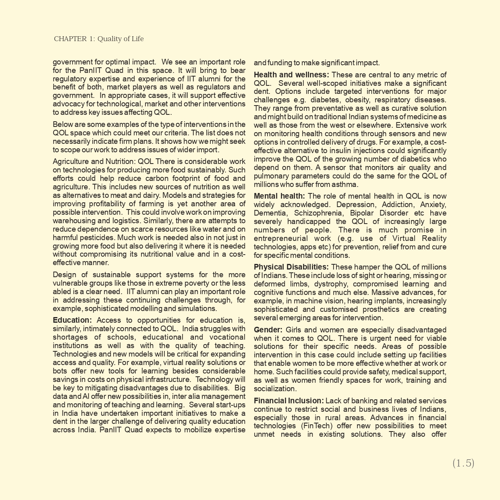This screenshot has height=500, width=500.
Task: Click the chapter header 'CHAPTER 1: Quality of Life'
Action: [x=99, y=39]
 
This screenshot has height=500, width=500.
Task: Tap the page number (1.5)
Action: [x=463, y=463]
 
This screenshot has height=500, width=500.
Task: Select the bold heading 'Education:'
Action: [x=73, y=320]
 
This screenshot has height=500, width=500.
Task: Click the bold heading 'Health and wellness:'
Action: [x=291, y=75]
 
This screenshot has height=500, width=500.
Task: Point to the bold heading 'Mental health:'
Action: [x=279, y=196]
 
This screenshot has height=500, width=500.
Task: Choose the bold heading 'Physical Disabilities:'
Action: [x=291, y=267]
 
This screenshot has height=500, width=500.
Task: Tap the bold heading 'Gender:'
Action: [x=268, y=330]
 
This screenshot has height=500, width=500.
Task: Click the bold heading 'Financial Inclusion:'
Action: [x=289, y=401]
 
